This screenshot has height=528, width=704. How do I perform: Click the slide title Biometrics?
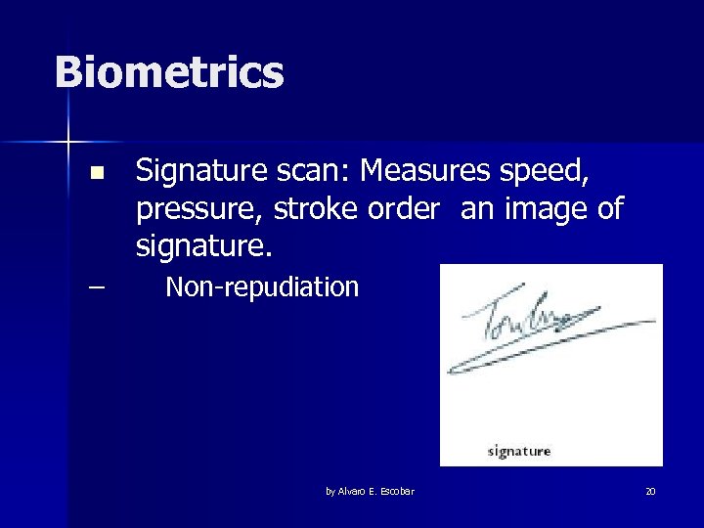[x=169, y=72]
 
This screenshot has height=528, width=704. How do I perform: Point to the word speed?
[x=548, y=172]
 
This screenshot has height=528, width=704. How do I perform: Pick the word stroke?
[x=313, y=209]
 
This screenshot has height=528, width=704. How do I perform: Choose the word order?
[x=395, y=209]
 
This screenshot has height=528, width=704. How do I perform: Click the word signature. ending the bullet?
[x=203, y=246]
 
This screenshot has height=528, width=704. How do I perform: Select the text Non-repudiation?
[x=262, y=287]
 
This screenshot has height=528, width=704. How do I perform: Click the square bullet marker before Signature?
[x=95, y=174]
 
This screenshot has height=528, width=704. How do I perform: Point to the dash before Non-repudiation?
[x=95, y=287]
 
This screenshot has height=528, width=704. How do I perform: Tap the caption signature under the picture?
[x=519, y=451]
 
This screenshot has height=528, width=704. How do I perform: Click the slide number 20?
[x=650, y=491]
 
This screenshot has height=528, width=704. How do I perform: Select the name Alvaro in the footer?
[x=354, y=491]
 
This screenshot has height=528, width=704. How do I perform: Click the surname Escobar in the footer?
[x=397, y=491]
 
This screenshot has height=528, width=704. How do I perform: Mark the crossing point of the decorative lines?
[x=68, y=143]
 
